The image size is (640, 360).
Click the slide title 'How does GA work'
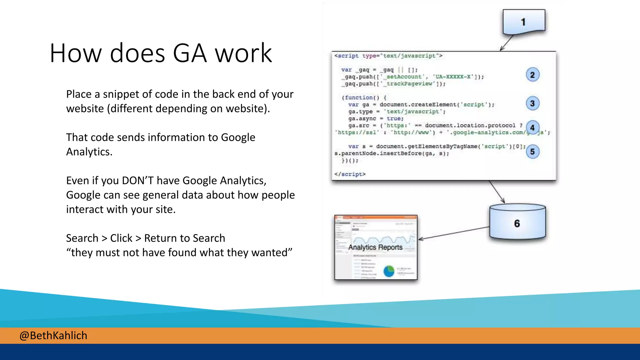click(161, 53)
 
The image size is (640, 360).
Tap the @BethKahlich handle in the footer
click(53, 336)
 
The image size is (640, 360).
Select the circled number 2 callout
click(532, 75)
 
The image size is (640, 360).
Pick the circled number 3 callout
click(532, 103)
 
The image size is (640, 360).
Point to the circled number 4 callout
click(532, 127)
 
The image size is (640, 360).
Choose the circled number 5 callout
click(532, 152)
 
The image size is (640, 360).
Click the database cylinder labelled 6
click(517, 222)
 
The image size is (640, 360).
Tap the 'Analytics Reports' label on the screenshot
click(375, 247)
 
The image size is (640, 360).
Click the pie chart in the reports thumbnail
click(389, 271)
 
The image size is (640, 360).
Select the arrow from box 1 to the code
click(507, 43)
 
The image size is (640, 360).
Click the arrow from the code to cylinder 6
click(497, 192)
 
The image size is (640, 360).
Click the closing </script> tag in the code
click(350, 174)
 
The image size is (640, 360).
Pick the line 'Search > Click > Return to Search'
click(145, 238)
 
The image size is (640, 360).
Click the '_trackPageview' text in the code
click(409, 84)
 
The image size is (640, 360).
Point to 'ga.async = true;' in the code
click(376, 119)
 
